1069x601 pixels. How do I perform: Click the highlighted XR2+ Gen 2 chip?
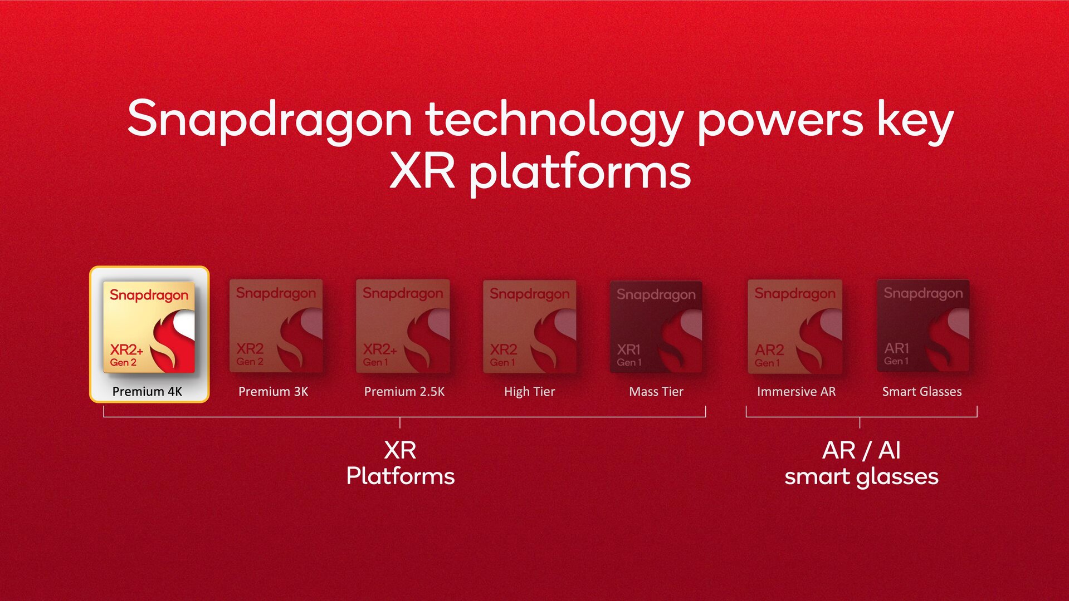(149, 327)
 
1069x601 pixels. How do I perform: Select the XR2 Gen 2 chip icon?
(276, 326)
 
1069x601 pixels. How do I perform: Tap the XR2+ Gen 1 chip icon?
(403, 326)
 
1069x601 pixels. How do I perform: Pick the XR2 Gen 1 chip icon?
(529, 327)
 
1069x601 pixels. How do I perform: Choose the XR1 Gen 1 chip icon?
(656, 327)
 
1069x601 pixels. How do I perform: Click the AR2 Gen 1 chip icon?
(795, 327)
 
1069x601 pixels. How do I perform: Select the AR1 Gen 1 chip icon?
(923, 326)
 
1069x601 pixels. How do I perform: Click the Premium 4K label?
(147, 392)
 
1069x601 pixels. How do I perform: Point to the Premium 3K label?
(273, 392)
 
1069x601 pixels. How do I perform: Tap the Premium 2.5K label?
(404, 392)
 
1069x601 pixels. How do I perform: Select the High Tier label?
(529, 392)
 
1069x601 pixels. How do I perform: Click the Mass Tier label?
(656, 392)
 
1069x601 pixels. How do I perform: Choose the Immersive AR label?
(796, 392)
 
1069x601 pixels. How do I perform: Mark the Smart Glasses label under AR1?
(922, 392)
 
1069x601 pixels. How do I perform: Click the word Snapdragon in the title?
(270, 120)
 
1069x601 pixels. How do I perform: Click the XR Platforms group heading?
(400, 463)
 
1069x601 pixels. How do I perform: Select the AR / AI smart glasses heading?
(861, 463)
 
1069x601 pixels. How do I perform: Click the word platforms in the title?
(579, 173)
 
